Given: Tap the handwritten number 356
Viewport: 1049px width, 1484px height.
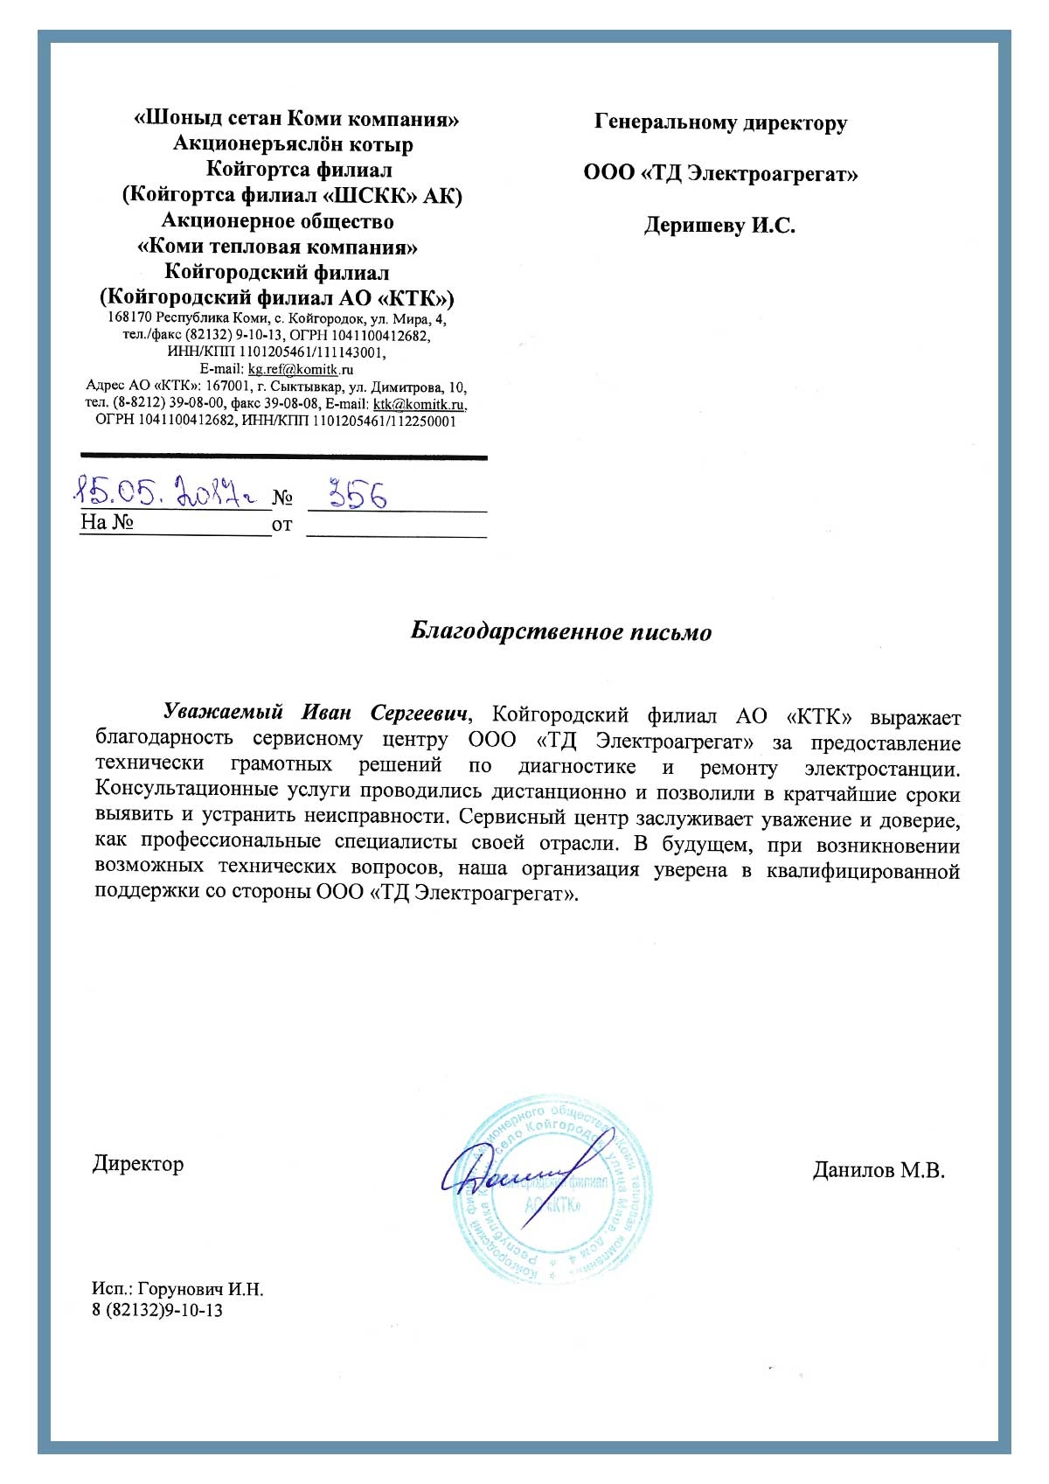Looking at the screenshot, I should (356, 495).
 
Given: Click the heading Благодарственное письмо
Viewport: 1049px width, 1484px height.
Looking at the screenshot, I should (561, 631).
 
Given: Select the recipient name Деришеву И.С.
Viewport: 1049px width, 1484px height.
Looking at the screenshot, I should (719, 226).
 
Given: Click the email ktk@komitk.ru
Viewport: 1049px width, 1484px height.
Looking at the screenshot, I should (419, 404).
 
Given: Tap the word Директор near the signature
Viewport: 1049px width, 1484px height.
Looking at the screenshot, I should (138, 1164).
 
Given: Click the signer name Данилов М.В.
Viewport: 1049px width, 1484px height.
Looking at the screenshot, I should (879, 1170).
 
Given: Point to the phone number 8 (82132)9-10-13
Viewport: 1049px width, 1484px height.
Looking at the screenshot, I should (157, 1310).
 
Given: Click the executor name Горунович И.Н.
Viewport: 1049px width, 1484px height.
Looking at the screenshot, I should (200, 1289).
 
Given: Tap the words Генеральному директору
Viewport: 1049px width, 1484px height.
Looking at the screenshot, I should (720, 122).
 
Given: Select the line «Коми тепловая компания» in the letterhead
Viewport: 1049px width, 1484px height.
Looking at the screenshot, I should (277, 247).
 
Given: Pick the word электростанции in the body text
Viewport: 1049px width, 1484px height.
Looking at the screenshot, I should (882, 769).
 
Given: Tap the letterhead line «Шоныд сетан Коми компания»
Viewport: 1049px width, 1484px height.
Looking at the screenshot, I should (296, 119).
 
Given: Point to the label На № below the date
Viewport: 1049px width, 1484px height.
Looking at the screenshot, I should (106, 523).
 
